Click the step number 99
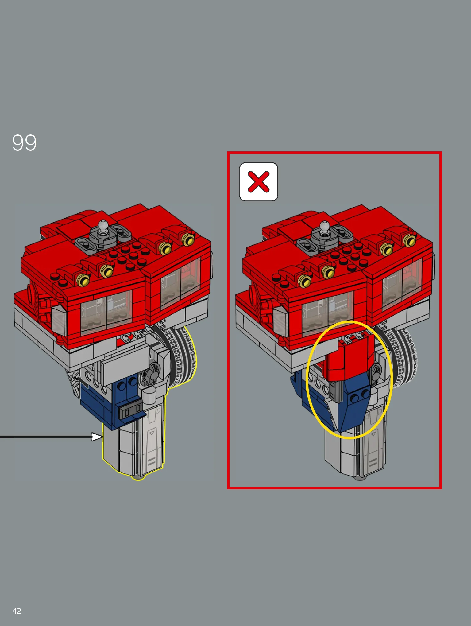point(24,143)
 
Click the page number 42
point(17,611)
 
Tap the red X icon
point(259,182)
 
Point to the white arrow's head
point(97,437)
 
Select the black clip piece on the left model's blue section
point(130,411)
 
